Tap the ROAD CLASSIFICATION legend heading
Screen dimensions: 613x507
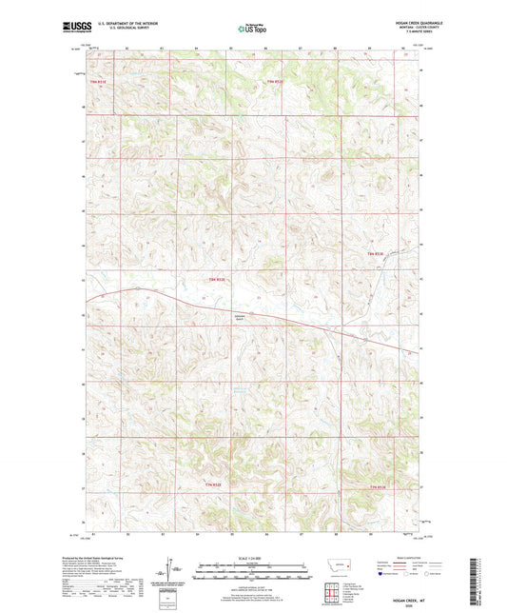pyautogui.click(x=400, y=558)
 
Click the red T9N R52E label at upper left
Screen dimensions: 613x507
pyautogui.click(x=99, y=82)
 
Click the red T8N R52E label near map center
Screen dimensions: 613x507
pyautogui.click(x=217, y=279)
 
